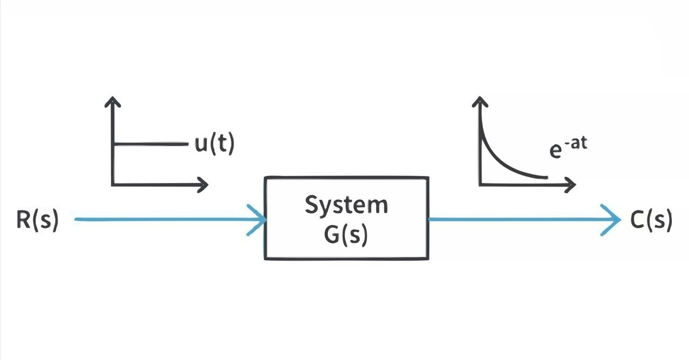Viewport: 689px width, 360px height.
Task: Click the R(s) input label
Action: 37,221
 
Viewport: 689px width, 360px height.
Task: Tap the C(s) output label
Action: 651,221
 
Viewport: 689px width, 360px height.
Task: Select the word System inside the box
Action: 346,206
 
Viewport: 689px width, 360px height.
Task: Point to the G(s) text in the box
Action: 346,236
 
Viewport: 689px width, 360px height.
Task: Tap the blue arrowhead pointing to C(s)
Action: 614,220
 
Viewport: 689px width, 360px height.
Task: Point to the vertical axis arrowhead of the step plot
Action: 113,101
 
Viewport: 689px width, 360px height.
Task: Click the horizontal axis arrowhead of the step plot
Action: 203,185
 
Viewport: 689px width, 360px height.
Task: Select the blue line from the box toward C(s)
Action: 517,220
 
